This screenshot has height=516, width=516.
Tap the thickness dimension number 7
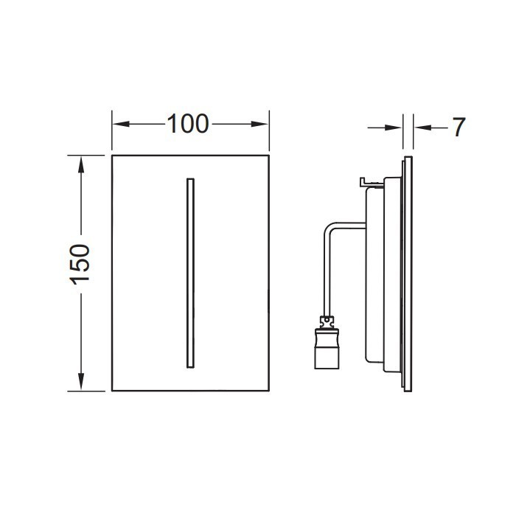coord(458,128)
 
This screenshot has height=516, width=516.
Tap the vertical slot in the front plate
coord(189,273)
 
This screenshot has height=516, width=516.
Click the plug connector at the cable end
coord(326,350)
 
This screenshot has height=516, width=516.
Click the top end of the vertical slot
coord(189,180)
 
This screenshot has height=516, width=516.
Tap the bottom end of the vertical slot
coord(189,366)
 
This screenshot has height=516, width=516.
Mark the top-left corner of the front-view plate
coord(112,156)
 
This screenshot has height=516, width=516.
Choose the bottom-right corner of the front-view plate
coord(268,391)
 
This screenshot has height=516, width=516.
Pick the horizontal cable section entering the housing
coord(346,226)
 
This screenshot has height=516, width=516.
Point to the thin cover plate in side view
coord(408,273)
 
